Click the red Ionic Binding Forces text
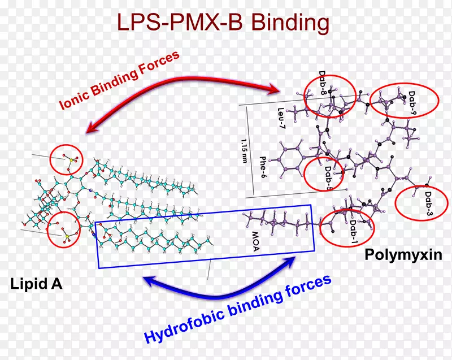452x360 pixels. tap(119, 80)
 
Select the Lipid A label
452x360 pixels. tap(35, 284)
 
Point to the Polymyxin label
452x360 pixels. tap(402, 254)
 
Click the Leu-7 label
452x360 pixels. tap(282, 119)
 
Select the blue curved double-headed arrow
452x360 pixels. tap(220, 285)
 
